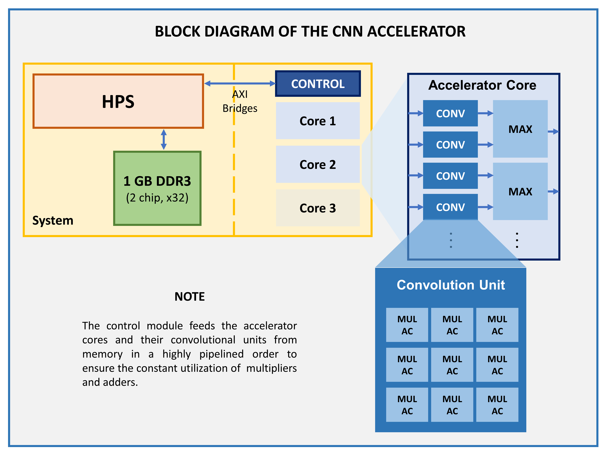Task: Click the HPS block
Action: coord(118,101)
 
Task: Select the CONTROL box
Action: coord(318,84)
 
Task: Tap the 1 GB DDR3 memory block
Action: coord(157,188)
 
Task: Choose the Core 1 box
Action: coord(318,121)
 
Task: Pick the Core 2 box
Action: coord(318,164)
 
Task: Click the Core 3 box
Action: coord(318,208)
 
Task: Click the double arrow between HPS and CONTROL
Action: coord(240,83)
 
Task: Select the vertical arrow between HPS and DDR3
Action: coord(164,140)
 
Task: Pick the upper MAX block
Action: coord(520,129)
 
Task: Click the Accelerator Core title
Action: coord(482,85)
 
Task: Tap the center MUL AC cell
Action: coord(452,365)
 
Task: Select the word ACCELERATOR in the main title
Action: coord(416,32)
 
